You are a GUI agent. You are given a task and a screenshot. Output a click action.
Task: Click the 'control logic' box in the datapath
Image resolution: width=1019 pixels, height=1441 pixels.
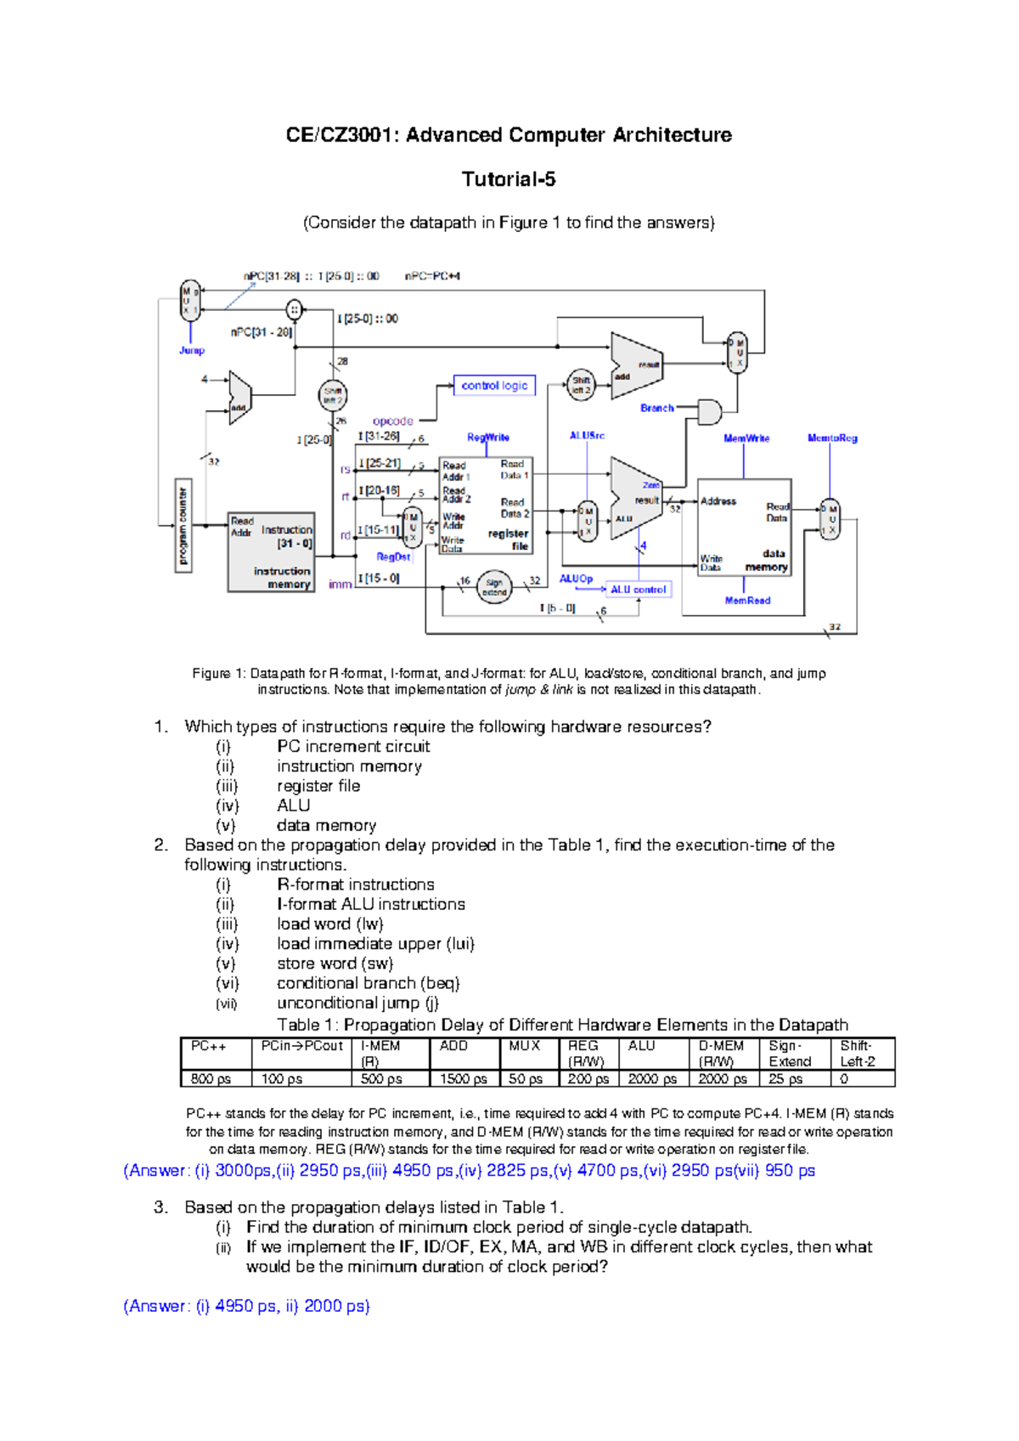pos(494,386)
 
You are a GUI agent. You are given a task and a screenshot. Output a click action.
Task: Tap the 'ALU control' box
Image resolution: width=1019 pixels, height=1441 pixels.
pos(639,589)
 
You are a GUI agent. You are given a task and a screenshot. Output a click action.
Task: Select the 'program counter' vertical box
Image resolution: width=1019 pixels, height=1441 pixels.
pos(183,527)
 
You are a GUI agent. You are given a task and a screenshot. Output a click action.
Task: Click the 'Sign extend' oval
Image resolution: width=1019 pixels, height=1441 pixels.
pos(494,587)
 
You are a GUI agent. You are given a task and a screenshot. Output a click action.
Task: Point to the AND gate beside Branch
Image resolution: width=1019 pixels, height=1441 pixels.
pos(709,412)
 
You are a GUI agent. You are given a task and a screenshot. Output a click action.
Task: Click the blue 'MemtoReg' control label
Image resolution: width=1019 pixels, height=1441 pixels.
pos(832,438)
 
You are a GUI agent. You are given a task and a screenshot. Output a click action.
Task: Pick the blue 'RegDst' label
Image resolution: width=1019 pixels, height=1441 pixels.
pos(393,557)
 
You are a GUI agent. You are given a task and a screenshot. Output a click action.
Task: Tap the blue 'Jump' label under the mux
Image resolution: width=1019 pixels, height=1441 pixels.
pos(192,350)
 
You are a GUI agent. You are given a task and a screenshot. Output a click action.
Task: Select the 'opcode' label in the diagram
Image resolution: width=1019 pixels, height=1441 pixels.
pos(392,421)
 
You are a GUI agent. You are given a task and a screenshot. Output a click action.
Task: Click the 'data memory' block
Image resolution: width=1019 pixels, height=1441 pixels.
pos(745,528)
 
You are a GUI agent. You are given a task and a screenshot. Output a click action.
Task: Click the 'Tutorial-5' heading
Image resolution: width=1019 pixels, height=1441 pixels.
pos(509,179)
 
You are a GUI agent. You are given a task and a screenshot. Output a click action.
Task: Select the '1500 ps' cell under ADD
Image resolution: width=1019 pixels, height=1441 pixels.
pos(464,1079)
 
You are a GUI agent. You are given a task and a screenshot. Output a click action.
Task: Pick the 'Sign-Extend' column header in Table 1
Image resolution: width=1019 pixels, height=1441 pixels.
pos(790,1054)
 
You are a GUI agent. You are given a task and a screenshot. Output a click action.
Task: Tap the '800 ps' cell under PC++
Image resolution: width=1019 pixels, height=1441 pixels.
pos(211,1079)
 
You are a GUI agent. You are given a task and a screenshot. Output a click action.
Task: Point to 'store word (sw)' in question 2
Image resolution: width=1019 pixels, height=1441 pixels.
pos(335,963)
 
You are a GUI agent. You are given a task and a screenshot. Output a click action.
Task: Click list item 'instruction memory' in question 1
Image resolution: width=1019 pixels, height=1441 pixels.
pos(349,766)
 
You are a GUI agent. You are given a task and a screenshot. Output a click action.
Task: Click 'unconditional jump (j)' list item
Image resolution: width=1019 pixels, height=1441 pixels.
pos(357,1003)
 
